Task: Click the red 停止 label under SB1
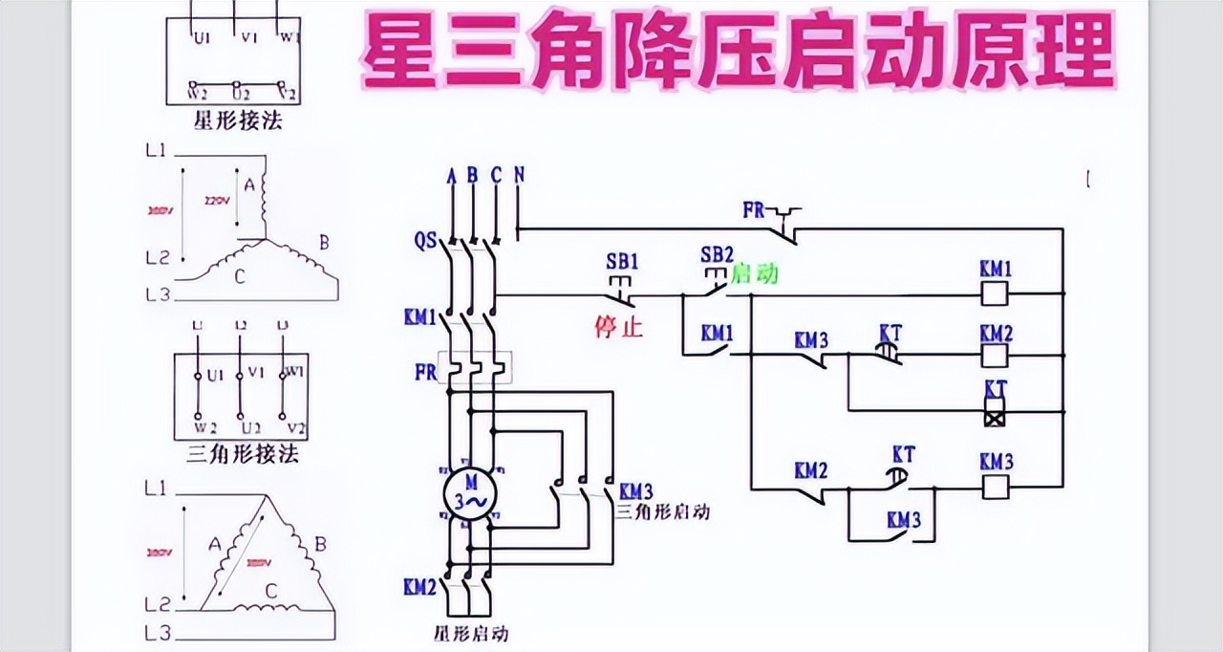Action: point(619,328)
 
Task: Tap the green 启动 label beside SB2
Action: point(755,275)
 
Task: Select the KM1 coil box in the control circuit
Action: point(996,293)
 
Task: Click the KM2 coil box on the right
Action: point(996,356)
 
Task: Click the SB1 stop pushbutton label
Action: point(622,260)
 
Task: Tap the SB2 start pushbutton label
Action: point(717,254)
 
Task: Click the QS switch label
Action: point(426,241)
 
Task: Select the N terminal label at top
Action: point(519,175)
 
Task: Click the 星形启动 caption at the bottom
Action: point(470,633)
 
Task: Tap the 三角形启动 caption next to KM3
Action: point(662,511)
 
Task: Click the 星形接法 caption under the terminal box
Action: point(238,121)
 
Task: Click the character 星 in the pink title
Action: point(396,53)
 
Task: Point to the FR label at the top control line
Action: point(754,209)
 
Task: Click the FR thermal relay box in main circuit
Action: point(474,368)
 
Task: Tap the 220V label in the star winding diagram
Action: point(219,201)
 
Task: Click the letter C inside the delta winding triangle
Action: point(271,591)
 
